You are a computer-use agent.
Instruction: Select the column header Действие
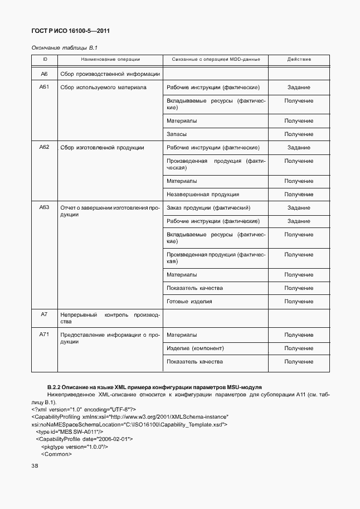click(x=299, y=59)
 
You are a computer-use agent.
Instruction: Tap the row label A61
click(x=45, y=87)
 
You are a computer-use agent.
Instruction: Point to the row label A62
click(x=45, y=147)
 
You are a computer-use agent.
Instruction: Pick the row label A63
click(x=45, y=207)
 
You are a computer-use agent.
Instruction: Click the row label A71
click(x=45, y=335)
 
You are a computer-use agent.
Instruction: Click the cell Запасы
click(x=177, y=134)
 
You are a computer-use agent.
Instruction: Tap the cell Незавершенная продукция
click(x=203, y=195)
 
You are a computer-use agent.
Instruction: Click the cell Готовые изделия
click(x=189, y=302)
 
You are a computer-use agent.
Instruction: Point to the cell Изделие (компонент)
click(x=195, y=348)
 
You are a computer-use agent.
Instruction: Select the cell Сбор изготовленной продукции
click(x=102, y=148)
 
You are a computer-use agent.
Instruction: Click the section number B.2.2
click(x=53, y=387)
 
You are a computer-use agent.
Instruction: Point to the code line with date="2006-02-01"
click(x=84, y=439)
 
